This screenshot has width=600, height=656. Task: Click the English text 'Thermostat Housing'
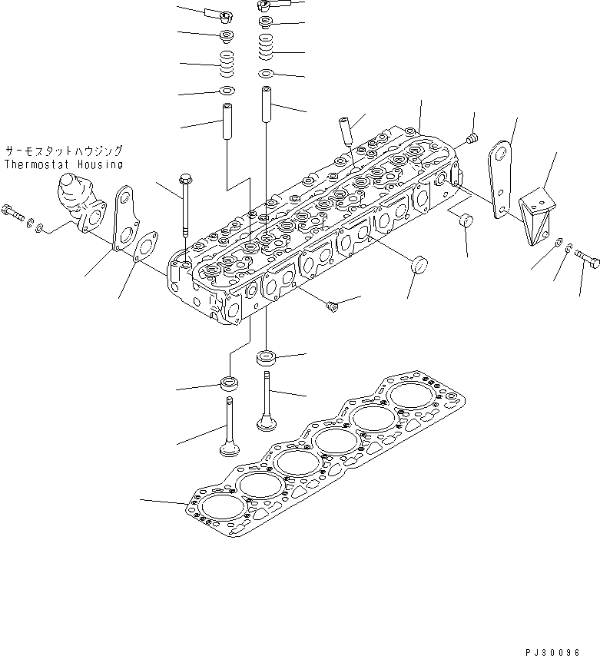(63, 164)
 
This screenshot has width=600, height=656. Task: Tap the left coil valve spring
(227, 65)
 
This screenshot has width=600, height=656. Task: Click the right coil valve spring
(265, 52)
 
